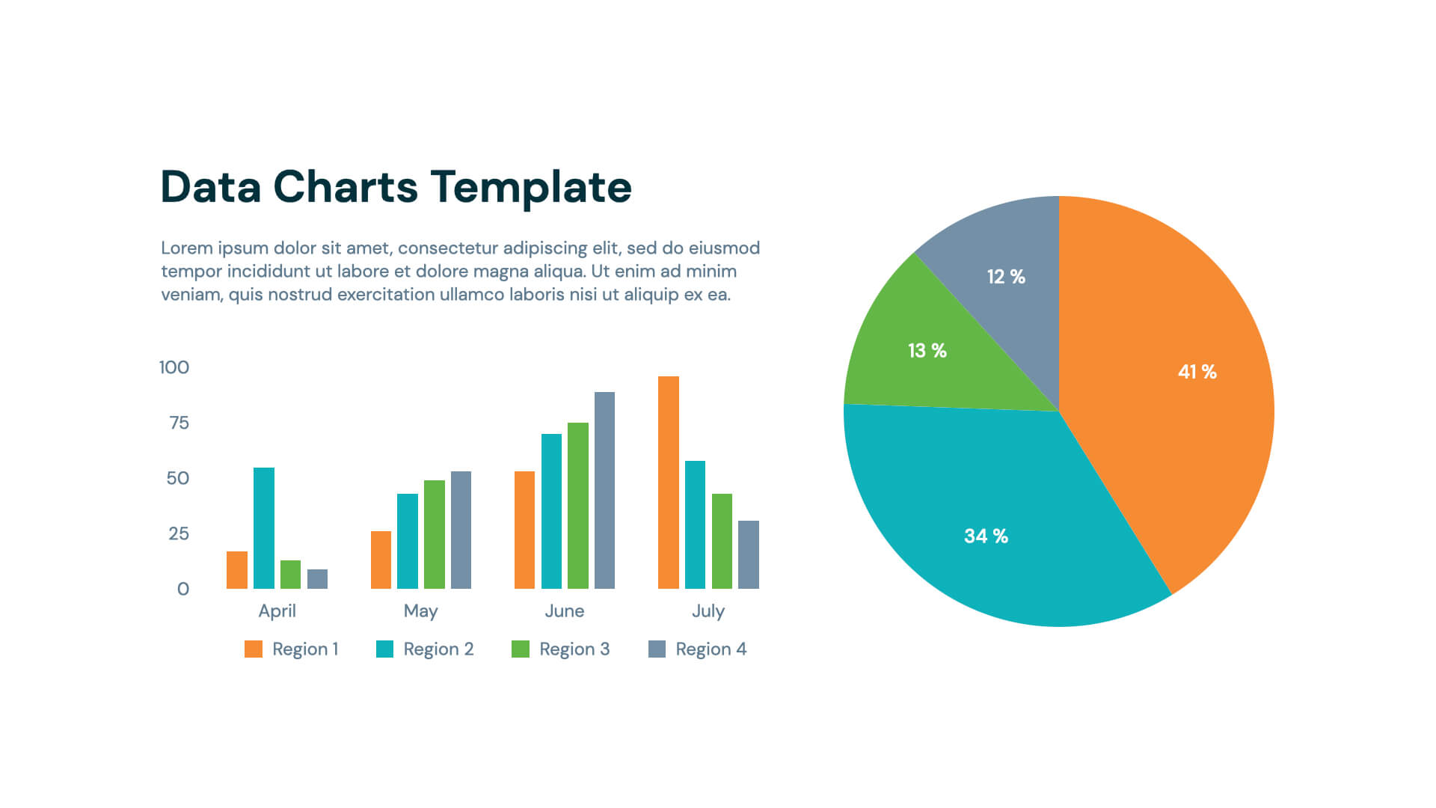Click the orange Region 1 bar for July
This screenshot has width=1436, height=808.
click(x=668, y=483)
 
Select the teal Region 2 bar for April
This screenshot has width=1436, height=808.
click(x=263, y=528)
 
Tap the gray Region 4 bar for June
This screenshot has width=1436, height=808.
click(x=604, y=490)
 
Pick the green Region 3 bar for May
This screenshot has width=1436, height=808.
click(x=434, y=534)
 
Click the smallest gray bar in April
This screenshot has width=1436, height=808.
click(x=317, y=579)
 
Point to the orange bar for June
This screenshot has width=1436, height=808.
click(x=524, y=530)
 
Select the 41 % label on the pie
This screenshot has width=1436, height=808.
click(x=1197, y=372)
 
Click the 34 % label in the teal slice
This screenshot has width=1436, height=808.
click(x=986, y=536)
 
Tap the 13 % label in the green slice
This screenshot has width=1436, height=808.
click(x=927, y=350)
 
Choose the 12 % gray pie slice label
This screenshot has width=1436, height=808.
click(x=1005, y=277)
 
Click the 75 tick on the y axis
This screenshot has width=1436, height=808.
click(x=179, y=423)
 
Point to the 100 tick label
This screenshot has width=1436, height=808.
click(x=174, y=367)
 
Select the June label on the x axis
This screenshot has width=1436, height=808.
click(x=564, y=610)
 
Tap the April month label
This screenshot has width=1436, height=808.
click(x=277, y=610)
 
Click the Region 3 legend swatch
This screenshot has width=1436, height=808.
click(x=520, y=649)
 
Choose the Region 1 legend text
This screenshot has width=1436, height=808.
click(x=305, y=649)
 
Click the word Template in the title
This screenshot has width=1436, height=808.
click(x=531, y=186)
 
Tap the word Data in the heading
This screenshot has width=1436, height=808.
click(x=210, y=186)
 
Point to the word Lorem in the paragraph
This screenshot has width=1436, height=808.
click(x=186, y=248)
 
